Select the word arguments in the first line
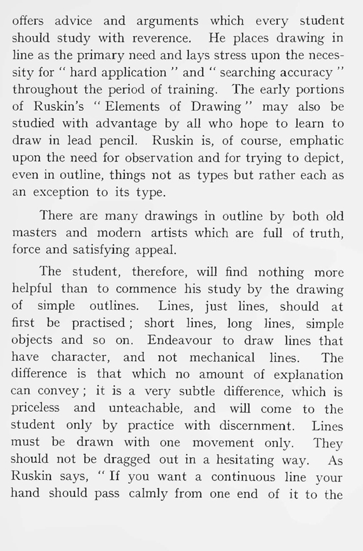point(167,22)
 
